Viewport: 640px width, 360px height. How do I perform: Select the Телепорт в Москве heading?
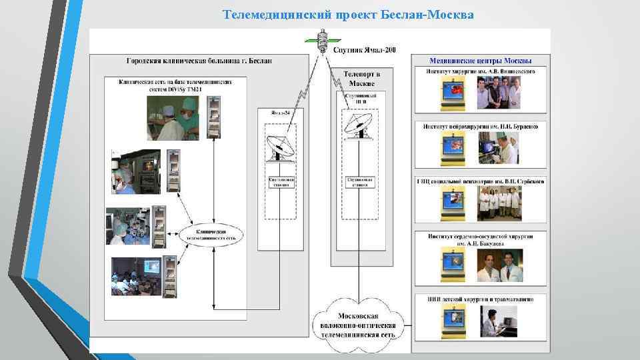coord(361,79)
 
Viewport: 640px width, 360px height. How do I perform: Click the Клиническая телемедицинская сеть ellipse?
coord(213,234)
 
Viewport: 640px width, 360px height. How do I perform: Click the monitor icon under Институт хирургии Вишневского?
coord(453,93)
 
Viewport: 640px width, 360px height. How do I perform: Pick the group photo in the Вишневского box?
coord(507,92)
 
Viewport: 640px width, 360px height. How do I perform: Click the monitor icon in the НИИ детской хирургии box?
coord(453,322)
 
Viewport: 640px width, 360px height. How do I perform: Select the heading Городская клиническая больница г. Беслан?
coord(199,61)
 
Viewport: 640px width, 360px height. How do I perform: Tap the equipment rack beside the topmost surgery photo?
coord(213,117)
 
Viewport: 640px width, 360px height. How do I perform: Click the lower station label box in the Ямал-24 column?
coord(281,183)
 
